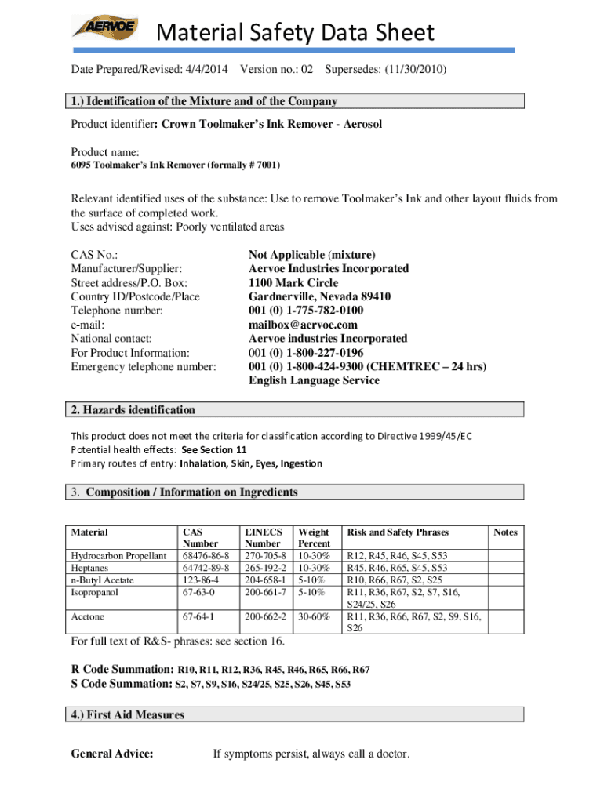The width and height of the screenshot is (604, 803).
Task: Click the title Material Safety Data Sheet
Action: (294, 33)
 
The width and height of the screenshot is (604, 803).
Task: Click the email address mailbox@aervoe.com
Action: (303, 325)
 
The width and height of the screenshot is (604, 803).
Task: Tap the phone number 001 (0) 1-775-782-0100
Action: (306, 311)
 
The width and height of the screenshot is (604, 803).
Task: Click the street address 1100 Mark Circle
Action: (293, 282)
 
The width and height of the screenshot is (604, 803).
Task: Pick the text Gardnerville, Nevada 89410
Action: (320, 296)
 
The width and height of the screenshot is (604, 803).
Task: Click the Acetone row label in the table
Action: (88, 617)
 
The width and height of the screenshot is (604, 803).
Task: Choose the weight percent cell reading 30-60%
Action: (314, 617)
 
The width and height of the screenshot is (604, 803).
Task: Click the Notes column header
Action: (505, 532)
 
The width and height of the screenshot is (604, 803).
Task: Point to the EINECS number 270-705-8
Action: (264, 556)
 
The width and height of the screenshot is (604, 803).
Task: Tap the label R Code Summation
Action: (122, 670)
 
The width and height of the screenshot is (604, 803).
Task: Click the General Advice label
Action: (111, 754)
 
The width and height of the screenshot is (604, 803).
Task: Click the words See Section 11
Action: (214, 449)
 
